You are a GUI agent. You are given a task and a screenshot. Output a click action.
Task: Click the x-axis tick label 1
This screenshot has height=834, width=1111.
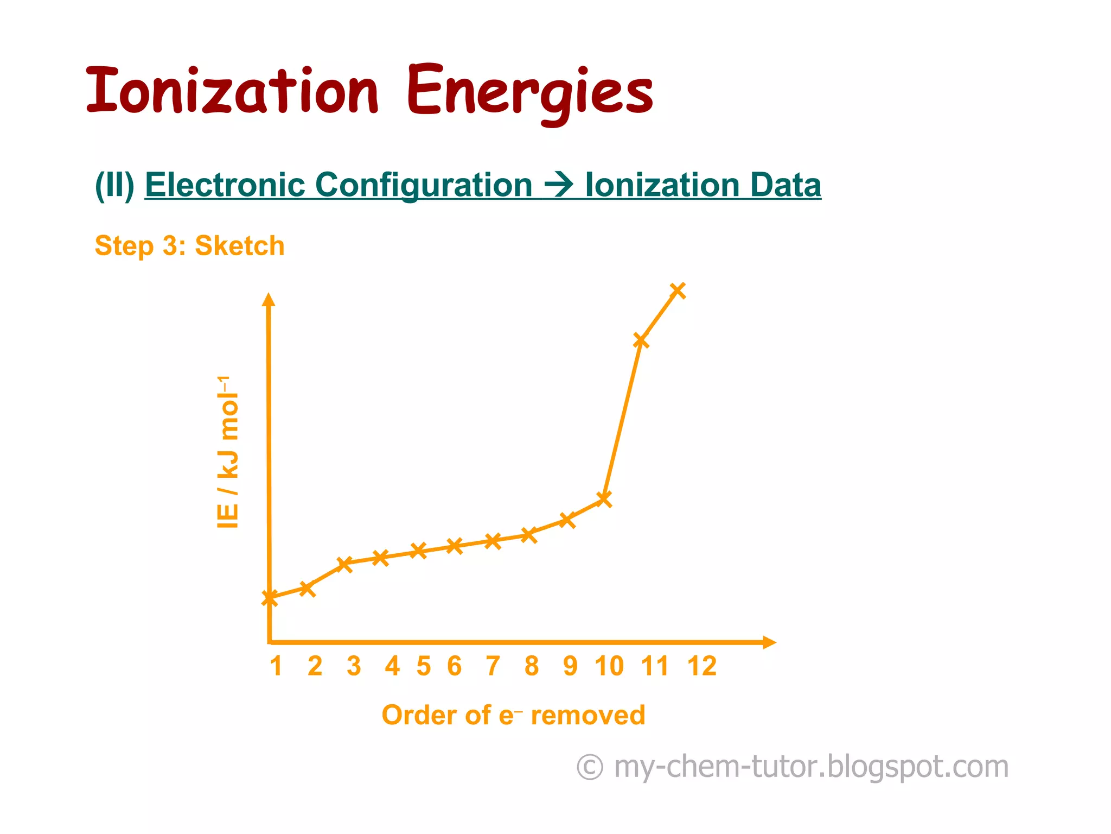pyautogui.click(x=276, y=666)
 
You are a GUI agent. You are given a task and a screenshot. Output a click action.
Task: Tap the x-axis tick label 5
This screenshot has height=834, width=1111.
pyautogui.click(x=424, y=666)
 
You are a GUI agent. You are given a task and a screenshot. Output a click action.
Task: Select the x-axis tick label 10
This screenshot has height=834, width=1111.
pyautogui.click(x=609, y=666)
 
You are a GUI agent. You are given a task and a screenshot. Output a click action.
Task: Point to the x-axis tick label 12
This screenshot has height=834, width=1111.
pyautogui.click(x=702, y=666)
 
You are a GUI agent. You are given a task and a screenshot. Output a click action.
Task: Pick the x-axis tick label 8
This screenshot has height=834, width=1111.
pyautogui.click(x=532, y=666)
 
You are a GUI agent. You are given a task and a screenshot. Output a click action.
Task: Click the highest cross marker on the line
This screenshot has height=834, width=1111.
pyautogui.click(x=678, y=290)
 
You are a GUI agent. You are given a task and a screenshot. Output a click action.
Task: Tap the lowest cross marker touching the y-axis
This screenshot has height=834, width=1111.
pyautogui.click(x=270, y=598)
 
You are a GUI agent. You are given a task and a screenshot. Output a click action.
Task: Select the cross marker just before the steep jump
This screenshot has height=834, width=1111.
pyautogui.click(x=604, y=498)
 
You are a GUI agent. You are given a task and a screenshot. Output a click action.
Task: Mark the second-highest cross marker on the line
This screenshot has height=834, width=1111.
pyautogui.click(x=641, y=340)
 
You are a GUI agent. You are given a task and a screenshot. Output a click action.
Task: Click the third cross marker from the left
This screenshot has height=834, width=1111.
pyautogui.click(x=344, y=564)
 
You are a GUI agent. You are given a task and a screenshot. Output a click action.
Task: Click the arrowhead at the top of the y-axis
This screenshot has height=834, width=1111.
pyautogui.click(x=269, y=299)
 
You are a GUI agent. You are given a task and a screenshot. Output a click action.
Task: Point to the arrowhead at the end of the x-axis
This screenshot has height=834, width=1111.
pyautogui.click(x=770, y=642)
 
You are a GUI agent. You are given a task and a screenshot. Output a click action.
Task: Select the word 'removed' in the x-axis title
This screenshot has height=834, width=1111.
pyautogui.click(x=588, y=715)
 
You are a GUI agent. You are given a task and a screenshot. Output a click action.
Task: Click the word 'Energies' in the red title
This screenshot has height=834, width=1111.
pyautogui.click(x=530, y=92)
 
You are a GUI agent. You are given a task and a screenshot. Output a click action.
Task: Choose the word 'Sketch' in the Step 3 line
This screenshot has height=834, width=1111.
pyautogui.click(x=239, y=246)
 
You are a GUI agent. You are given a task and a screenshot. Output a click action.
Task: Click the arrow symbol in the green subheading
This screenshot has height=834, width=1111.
pyautogui.click(x=558, y=185)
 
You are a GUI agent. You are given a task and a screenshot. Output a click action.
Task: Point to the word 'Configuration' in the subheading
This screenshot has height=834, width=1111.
pyautogui.click(x=424, y=185)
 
